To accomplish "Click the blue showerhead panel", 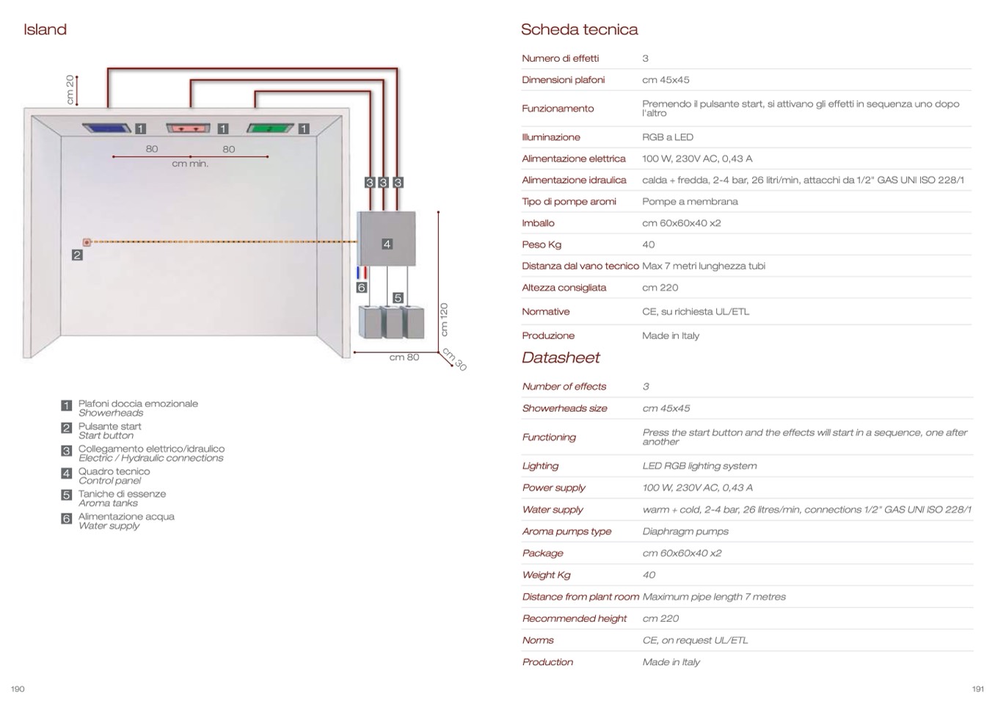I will click(107, 128).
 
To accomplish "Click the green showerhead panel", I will click(271, 128).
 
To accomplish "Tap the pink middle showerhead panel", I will click(189, 128).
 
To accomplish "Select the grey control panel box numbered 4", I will click(387, 239).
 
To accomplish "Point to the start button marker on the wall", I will click(87, 242).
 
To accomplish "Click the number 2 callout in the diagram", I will click(77, 255).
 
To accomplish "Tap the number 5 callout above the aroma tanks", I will click(398, 297).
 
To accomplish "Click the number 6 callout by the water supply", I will click(361, 287).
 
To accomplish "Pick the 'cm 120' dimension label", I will click(443, 319).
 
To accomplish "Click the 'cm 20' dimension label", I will click(70, 90).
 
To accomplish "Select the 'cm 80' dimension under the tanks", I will click(404, 358).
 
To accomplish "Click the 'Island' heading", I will click(45, 29).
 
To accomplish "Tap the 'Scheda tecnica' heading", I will click(579, 29).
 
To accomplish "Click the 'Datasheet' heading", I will click(561, 358).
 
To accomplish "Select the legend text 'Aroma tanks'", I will click(108, 503).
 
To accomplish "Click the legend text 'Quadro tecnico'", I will click(114, 471).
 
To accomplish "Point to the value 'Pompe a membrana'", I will click(690, 201).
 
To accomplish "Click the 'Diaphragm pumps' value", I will click(685, 531).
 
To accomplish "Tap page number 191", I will click(977, 689).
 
